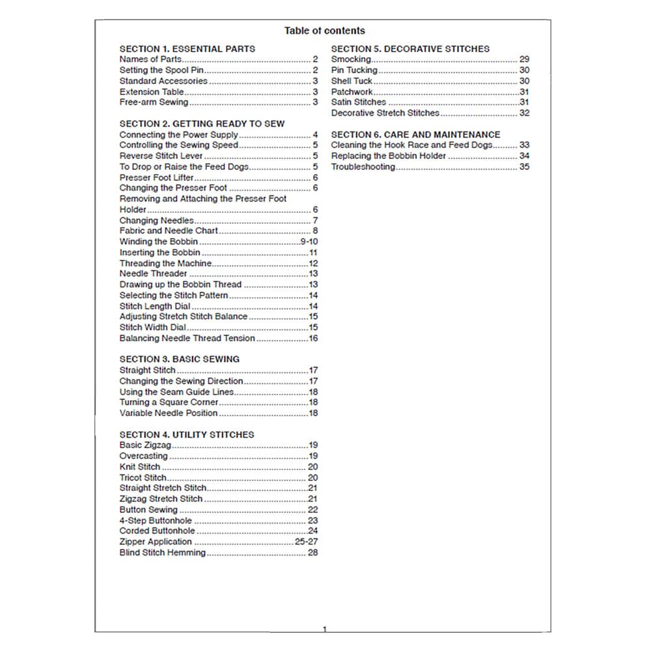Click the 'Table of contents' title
(324, 31)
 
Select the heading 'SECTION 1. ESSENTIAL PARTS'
(187, 49)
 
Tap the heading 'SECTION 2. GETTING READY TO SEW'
(202, 124)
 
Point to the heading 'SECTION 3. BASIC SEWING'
(179, 359)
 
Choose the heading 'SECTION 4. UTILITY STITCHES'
(187, 435)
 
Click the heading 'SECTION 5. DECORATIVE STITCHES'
(410, 49)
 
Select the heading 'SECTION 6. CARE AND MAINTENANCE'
(415, 135)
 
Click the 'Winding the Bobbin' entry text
(158, 242)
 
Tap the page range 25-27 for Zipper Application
(306, 542)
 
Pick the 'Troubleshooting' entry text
(363, 167)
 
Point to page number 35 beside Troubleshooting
(524, 167)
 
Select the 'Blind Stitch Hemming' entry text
(162, 553)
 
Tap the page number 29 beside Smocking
(524, 59)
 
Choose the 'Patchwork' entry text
(352, 92)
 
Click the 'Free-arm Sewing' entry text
(154, 102)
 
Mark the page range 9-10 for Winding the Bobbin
(309, 242)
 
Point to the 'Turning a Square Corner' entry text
(169, 402)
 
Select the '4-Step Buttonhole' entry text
(156, 521)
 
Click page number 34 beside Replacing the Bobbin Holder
(524, 156)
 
